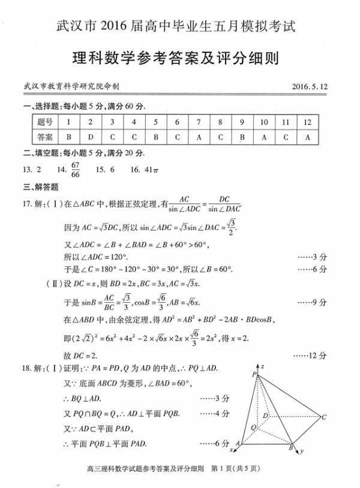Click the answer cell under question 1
(68, 136)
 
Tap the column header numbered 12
(308, 122)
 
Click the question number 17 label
(26, 204)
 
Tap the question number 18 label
(26, 366)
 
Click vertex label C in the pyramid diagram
(323, 417)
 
